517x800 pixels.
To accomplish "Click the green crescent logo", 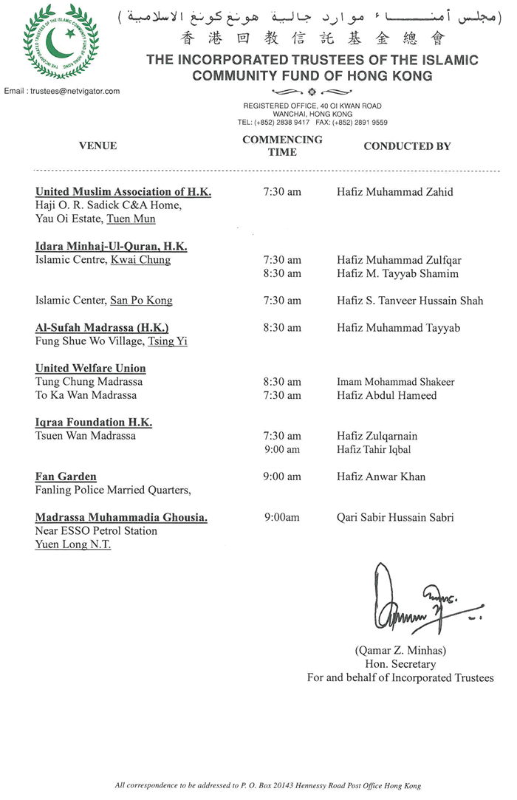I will tap(61, 42).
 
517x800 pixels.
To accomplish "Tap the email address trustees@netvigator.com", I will tap(62, 91).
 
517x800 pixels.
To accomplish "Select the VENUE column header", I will tap(97, 146).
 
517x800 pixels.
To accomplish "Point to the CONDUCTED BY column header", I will tap(407, 146).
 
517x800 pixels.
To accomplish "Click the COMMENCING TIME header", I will tap(282, 146).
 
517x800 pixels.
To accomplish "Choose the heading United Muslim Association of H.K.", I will tap(123, 192).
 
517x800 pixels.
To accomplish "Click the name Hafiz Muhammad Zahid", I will tap(395, 192).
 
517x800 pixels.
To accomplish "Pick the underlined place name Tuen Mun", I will tap(131, 219).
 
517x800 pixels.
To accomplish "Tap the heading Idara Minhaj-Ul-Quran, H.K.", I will tap(111, 246).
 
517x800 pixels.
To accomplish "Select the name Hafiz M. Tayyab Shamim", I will tap(397, 273).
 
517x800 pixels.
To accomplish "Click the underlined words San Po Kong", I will tap(141, 301).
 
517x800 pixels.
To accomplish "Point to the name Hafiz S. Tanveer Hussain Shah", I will tap(410, 301).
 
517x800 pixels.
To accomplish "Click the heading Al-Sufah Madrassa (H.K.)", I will tap(102, 327).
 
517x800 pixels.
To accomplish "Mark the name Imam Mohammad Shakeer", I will tap(396, 382).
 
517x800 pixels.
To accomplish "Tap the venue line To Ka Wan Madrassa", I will tap(86, 395).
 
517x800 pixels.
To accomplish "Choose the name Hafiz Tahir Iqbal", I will tap(374, 450).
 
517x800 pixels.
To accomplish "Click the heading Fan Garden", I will tap(66, 476).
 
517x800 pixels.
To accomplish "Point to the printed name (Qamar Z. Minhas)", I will tap(400, 651).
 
